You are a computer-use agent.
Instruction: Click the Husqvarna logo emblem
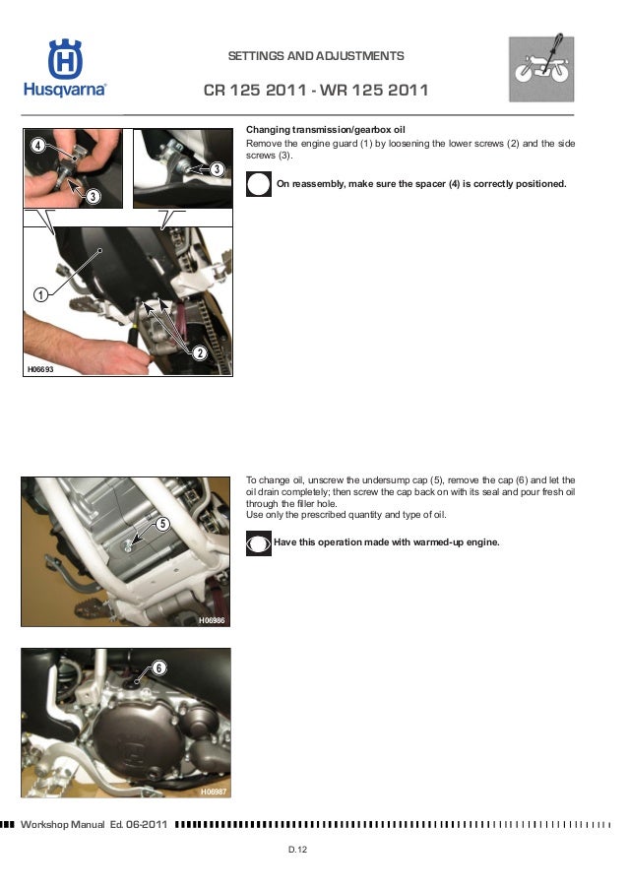(x=65, y=58)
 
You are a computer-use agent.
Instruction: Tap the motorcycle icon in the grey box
(x=541, y=69)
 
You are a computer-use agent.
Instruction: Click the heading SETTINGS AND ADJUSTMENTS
(x=316, y=56)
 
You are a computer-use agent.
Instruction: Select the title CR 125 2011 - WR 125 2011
(x=316, y=91)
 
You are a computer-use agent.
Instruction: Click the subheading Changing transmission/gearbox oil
(x=326, y=130)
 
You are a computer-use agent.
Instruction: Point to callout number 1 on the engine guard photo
(x=40, y=294)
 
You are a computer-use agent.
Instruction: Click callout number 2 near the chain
(x=200, y=353)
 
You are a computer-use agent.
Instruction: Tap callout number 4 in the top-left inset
(x=37, y=145)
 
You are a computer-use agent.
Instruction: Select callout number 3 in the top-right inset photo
(x=217, y=169)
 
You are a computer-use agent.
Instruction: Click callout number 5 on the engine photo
(x=162, y=524)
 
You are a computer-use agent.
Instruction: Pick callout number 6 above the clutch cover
(x=158, y=667)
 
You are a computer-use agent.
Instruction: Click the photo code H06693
(x=40, y=369)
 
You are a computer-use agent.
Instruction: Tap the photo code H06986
(x=212, y=621)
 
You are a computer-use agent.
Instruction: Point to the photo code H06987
(x=214, y=792)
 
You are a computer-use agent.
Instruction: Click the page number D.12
(x=297, y=850)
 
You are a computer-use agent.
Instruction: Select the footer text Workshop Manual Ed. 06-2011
(x=94, y=824)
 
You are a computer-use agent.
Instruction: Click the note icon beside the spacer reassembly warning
(x=259, y=184)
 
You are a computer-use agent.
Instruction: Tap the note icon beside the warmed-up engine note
(x=259, y=543)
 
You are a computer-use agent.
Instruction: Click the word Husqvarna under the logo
(x=65, y=90)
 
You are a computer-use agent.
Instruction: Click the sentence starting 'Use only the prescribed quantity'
(x=345, y=515)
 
